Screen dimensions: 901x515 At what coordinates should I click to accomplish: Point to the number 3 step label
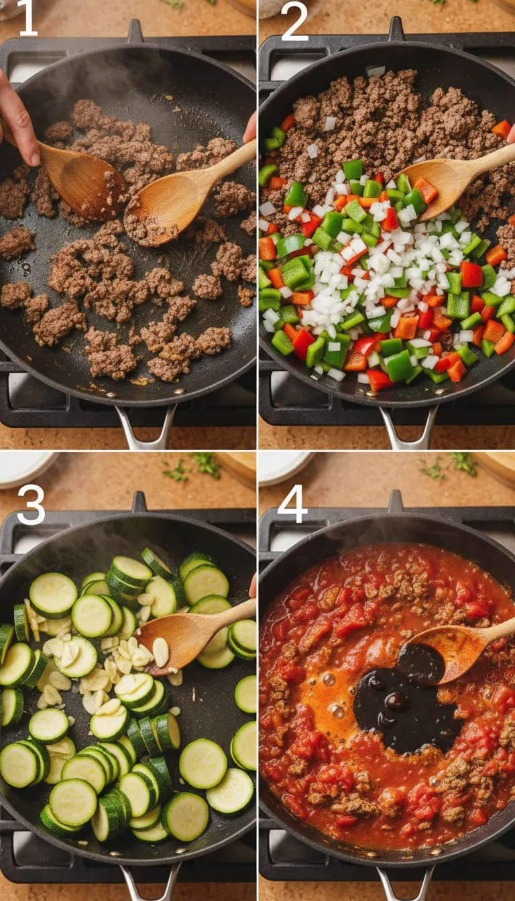tap(31, 504)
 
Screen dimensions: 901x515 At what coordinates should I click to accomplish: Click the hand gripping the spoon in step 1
tap(18, 121)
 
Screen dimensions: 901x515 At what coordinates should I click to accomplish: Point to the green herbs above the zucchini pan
tap(194, 465)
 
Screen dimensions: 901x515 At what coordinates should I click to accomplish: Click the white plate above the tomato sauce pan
tap(284, 467)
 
